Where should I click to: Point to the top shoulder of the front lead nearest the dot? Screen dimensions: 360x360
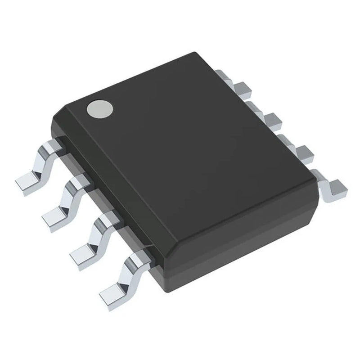[x=52, y=147]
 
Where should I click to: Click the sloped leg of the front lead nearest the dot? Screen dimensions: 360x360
[x=43, y=164]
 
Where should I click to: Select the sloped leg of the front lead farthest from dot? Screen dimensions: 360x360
[x=126, y=274]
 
